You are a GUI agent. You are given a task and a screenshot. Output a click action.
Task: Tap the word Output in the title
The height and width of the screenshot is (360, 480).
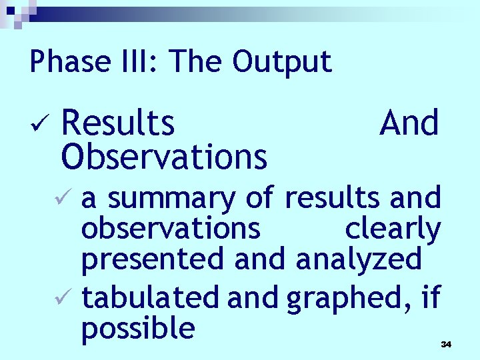[282, 62]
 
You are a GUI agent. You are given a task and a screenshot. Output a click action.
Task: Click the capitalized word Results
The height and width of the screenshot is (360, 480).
[118, 123]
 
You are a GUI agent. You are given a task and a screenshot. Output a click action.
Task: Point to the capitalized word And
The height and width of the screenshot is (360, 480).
[409, 123]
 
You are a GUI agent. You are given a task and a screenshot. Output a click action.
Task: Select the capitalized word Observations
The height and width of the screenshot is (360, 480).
[164, 156]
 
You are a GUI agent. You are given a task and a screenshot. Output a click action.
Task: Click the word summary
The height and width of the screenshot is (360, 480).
[171, 198]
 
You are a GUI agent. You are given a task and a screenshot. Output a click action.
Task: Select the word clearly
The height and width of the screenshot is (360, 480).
[392, 229]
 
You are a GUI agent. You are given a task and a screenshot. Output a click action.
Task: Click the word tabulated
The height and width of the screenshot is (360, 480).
[150, 297]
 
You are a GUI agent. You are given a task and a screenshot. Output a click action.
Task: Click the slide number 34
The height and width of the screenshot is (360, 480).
[446, 344]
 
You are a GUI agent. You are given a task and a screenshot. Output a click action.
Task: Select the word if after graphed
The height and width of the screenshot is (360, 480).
[431, 297]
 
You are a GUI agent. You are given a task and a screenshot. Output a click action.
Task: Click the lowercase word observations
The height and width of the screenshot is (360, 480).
[171, 229]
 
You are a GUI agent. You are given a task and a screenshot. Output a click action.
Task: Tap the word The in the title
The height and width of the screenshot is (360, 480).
[197, 62]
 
